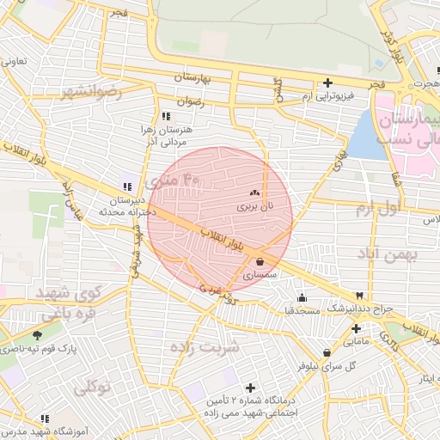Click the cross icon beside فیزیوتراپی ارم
pyautogui.click(x=327, y=83)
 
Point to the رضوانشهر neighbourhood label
pyautogui.click(x=91, y=90)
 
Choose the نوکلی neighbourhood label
pyautogui.click(x=93, y=387)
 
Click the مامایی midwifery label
pyautogui.click(x=360, y=341)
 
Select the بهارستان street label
pyautogui.click(x=199, y=77)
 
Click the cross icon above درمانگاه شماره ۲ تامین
pyautogui.click(x=250, y=388)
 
